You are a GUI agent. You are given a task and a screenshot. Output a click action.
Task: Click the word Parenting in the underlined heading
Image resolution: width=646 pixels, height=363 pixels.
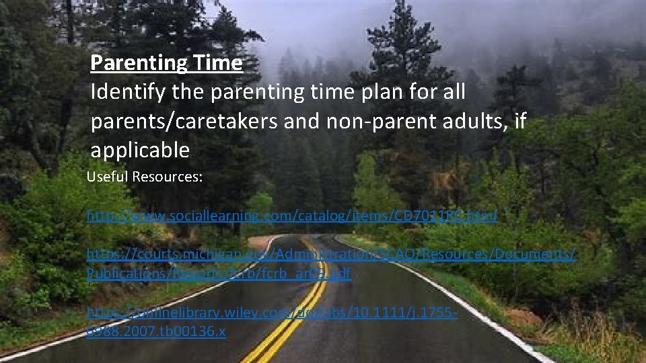pyautogui.click(x=129, y=63)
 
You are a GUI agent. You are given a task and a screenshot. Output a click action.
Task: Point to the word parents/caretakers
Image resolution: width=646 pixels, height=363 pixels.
pyautogui.click(x=190, y=122)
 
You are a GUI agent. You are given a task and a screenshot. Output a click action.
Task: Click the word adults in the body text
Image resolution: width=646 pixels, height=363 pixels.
pyautogui.click(x=474, y=122)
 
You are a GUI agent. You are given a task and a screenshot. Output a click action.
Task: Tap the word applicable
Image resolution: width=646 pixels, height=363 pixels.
pyautogui.click(x=140, y=151)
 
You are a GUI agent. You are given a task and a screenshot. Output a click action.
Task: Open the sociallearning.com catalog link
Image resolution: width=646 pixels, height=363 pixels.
pyautogui.click(x=292, y=216)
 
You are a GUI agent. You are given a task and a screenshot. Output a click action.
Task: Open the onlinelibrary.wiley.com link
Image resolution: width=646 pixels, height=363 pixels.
pyautogui.click(x=273, y=313)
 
